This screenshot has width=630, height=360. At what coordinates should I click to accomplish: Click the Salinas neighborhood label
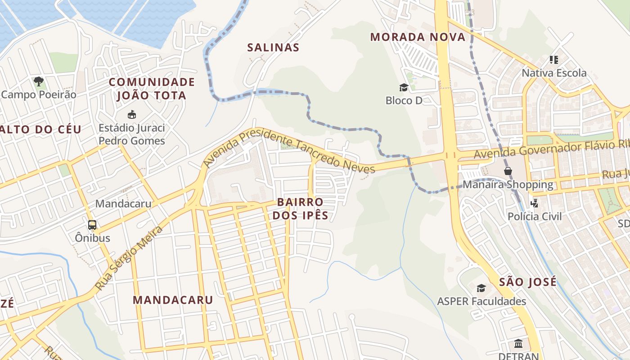pos(273,47)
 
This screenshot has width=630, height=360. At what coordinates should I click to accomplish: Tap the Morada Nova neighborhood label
pos(418,37)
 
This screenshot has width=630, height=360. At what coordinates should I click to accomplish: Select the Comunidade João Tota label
pos(152,89)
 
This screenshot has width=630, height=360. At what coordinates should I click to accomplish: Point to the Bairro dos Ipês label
pos(301,208)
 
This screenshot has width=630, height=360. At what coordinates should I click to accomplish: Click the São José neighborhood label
pos(528,282)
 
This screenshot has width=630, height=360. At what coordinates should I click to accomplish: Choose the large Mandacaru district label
pos(173,300)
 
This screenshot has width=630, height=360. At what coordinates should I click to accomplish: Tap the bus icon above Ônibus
pos(92,225)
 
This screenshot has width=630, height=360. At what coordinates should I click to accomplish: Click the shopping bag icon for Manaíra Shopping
pos(508,171)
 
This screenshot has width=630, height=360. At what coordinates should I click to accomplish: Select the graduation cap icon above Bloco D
pos(404,87)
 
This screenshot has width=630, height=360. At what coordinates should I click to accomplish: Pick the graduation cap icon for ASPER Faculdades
pos(481,288)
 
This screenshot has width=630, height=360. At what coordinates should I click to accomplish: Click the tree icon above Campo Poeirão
pos(39,81)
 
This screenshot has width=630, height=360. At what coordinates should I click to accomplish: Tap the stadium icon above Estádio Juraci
pos(132,114)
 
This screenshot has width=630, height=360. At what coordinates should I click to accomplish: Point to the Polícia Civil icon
pos(535,203)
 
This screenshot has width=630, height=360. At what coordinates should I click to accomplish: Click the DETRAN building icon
pos(518,344)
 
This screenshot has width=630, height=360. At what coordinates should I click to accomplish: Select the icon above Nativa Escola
pos(554,59)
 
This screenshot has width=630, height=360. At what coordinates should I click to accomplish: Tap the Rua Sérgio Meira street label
pos(129,258)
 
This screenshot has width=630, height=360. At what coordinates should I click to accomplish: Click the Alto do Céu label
pos(40,130)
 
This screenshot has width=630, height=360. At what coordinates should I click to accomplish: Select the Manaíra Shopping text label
pos(508,184)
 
